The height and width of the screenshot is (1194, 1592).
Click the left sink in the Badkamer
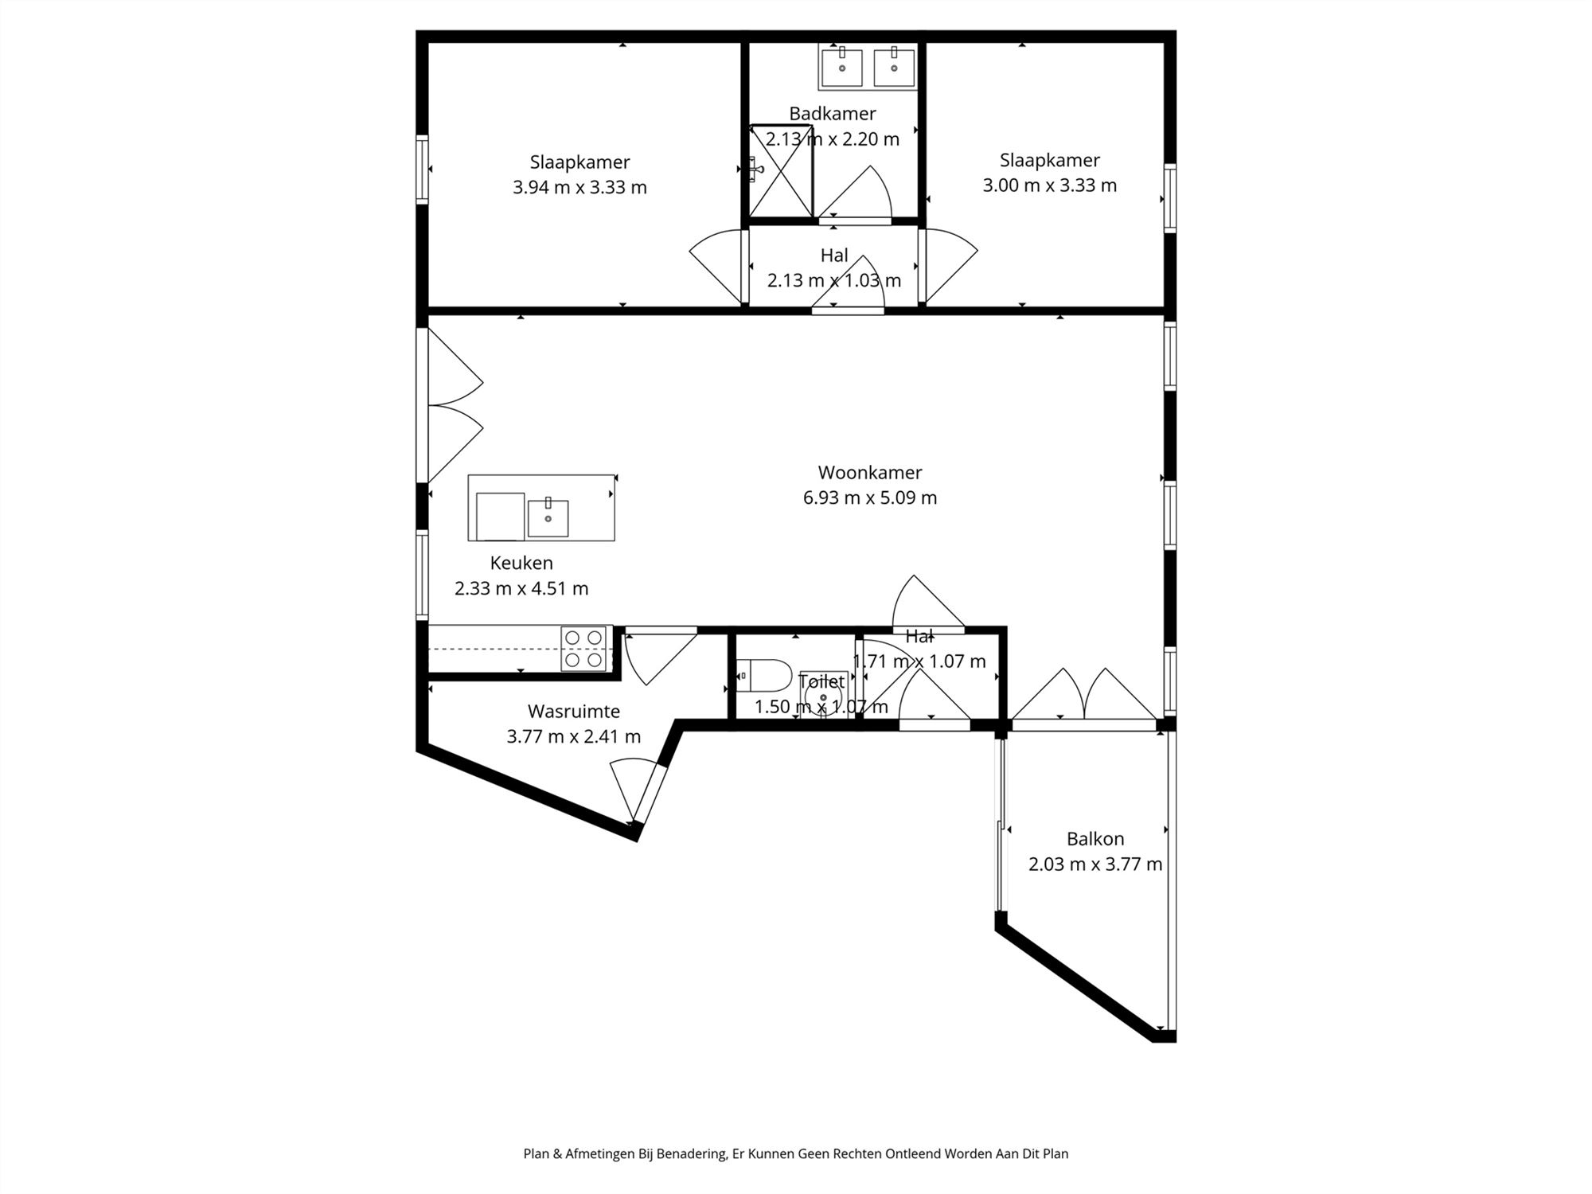[x=841, y=67]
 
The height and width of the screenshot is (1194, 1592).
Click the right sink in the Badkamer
[x=894, y=67]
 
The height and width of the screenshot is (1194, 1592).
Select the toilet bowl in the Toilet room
[x=764, y=676]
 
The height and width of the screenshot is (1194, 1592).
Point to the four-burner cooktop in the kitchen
[x=583, y=648]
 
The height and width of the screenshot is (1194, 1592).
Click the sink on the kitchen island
[x=548, y=517]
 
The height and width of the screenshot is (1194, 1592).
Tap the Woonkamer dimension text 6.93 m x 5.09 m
[x=869, y=498]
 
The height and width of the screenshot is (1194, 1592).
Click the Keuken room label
[x=521, y=563]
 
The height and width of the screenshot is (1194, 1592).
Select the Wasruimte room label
[x=573, y=711]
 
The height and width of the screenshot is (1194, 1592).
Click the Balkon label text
[x=1095, y=839]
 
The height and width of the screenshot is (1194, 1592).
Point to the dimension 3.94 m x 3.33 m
[x=579, y=188]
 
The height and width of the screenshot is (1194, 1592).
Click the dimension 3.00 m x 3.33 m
[x=1049, y=185]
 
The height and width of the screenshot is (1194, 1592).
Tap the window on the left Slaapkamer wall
[x=422, y=170]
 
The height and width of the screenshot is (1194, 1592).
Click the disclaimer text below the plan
[x=795, y=1153]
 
